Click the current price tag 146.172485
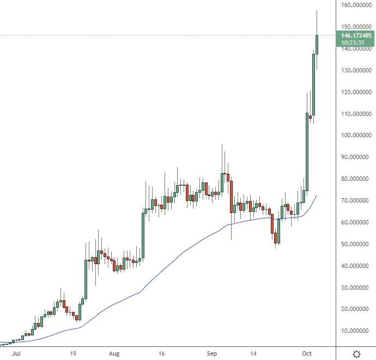tap(356, 35)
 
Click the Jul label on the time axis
tap(16, 353)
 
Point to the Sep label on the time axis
tap(211, 353)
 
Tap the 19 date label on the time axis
tap(72, 353)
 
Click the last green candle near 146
tap(317, 45)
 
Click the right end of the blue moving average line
tap(317, 195)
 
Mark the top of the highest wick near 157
tap(317, 10)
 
